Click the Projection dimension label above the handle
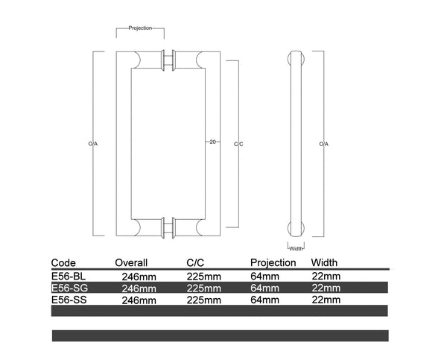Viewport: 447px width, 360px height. (x=140, y=28)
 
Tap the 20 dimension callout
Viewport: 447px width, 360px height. (x=212, y=142)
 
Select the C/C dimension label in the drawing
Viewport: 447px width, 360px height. (x=238, y=144)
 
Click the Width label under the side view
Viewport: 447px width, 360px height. (x=296, y=249)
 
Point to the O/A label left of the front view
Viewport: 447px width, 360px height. (x=93, y=144)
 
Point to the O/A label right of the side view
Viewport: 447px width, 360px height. (x=324, y=144)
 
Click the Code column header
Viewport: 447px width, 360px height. (x=63, y=262)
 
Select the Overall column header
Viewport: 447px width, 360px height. (x=131, y=262)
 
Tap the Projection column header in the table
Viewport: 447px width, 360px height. (x=273, y=262)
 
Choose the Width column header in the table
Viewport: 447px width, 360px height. (x=324, y=262)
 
